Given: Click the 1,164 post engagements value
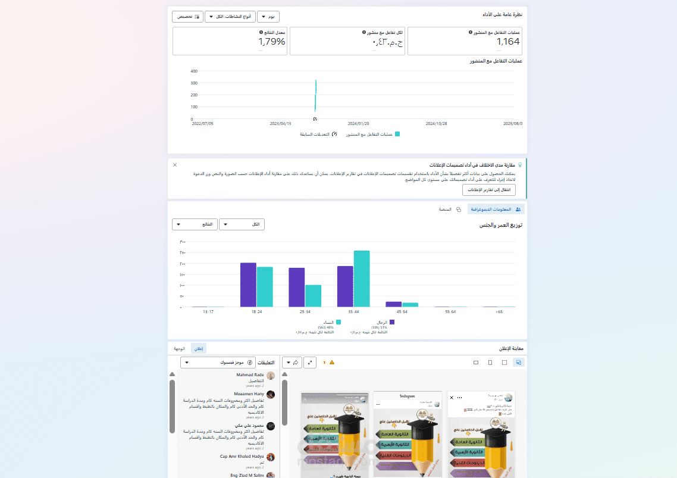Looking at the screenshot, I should (x=508, y=42).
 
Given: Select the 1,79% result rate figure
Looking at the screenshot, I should (x=272, y=42).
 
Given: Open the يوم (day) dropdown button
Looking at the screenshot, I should (x=268, y=17).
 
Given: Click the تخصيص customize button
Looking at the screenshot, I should (x=187, y=17).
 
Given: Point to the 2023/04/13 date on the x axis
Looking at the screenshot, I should (x=281, y=124).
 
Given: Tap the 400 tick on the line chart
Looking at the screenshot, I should (x=194, y=71).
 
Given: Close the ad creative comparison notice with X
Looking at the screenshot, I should (x=175, y=164).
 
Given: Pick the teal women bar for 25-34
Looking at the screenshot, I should (x=313, y=296).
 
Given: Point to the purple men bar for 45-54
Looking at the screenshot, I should (x=394, y=304).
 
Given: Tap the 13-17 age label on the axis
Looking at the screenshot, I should (x=208, y=312).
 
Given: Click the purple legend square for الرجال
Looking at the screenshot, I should (x=392, y=322).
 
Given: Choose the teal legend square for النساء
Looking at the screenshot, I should (x=338, y=322).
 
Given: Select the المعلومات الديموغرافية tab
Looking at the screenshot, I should (x=495, y=210).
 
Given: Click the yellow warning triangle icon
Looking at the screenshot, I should (x=332, y=362).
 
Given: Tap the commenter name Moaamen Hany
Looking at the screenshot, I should (x=250, y=393).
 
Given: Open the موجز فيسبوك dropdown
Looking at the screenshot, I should (x=218, y=362).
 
